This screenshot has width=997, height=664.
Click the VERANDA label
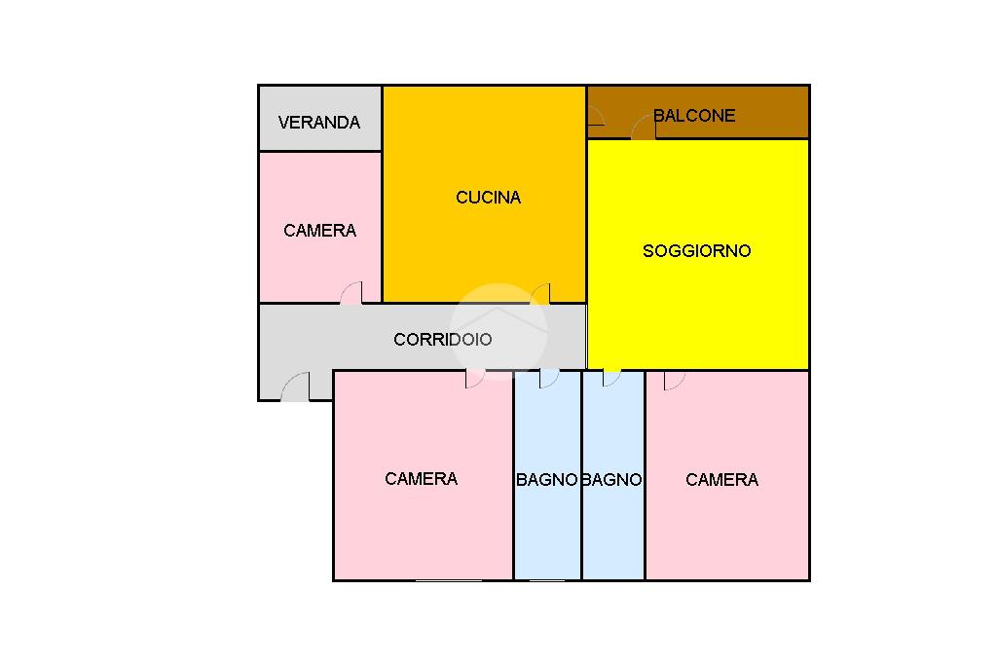pyautogui.click(x=319, y=122)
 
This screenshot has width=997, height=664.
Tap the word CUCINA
pyautogui.click(x=489, y=198)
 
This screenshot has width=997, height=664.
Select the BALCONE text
pyautogui.click(x=694, y=115)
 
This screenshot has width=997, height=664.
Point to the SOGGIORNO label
pyautogui.click(x=697, y=250)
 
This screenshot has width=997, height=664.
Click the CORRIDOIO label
pyautogui.click(x=443, y=339)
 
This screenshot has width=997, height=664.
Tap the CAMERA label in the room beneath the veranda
pyautogui.click(x=319, y=230)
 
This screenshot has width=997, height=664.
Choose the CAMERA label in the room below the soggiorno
pyautogui.click(x=721, y=480)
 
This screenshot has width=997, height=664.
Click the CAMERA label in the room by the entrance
pyautogui.click(x=421, y=478)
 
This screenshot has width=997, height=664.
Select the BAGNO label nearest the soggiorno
pyautogui.click(x=612, y=480)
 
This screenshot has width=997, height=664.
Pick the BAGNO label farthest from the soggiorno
pyautogui.click(x=547, y=480)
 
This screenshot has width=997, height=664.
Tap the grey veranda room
pyautogui.click(x=319, y=119)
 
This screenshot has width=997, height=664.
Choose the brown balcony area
pyautogui.click(x=698, y=112)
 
